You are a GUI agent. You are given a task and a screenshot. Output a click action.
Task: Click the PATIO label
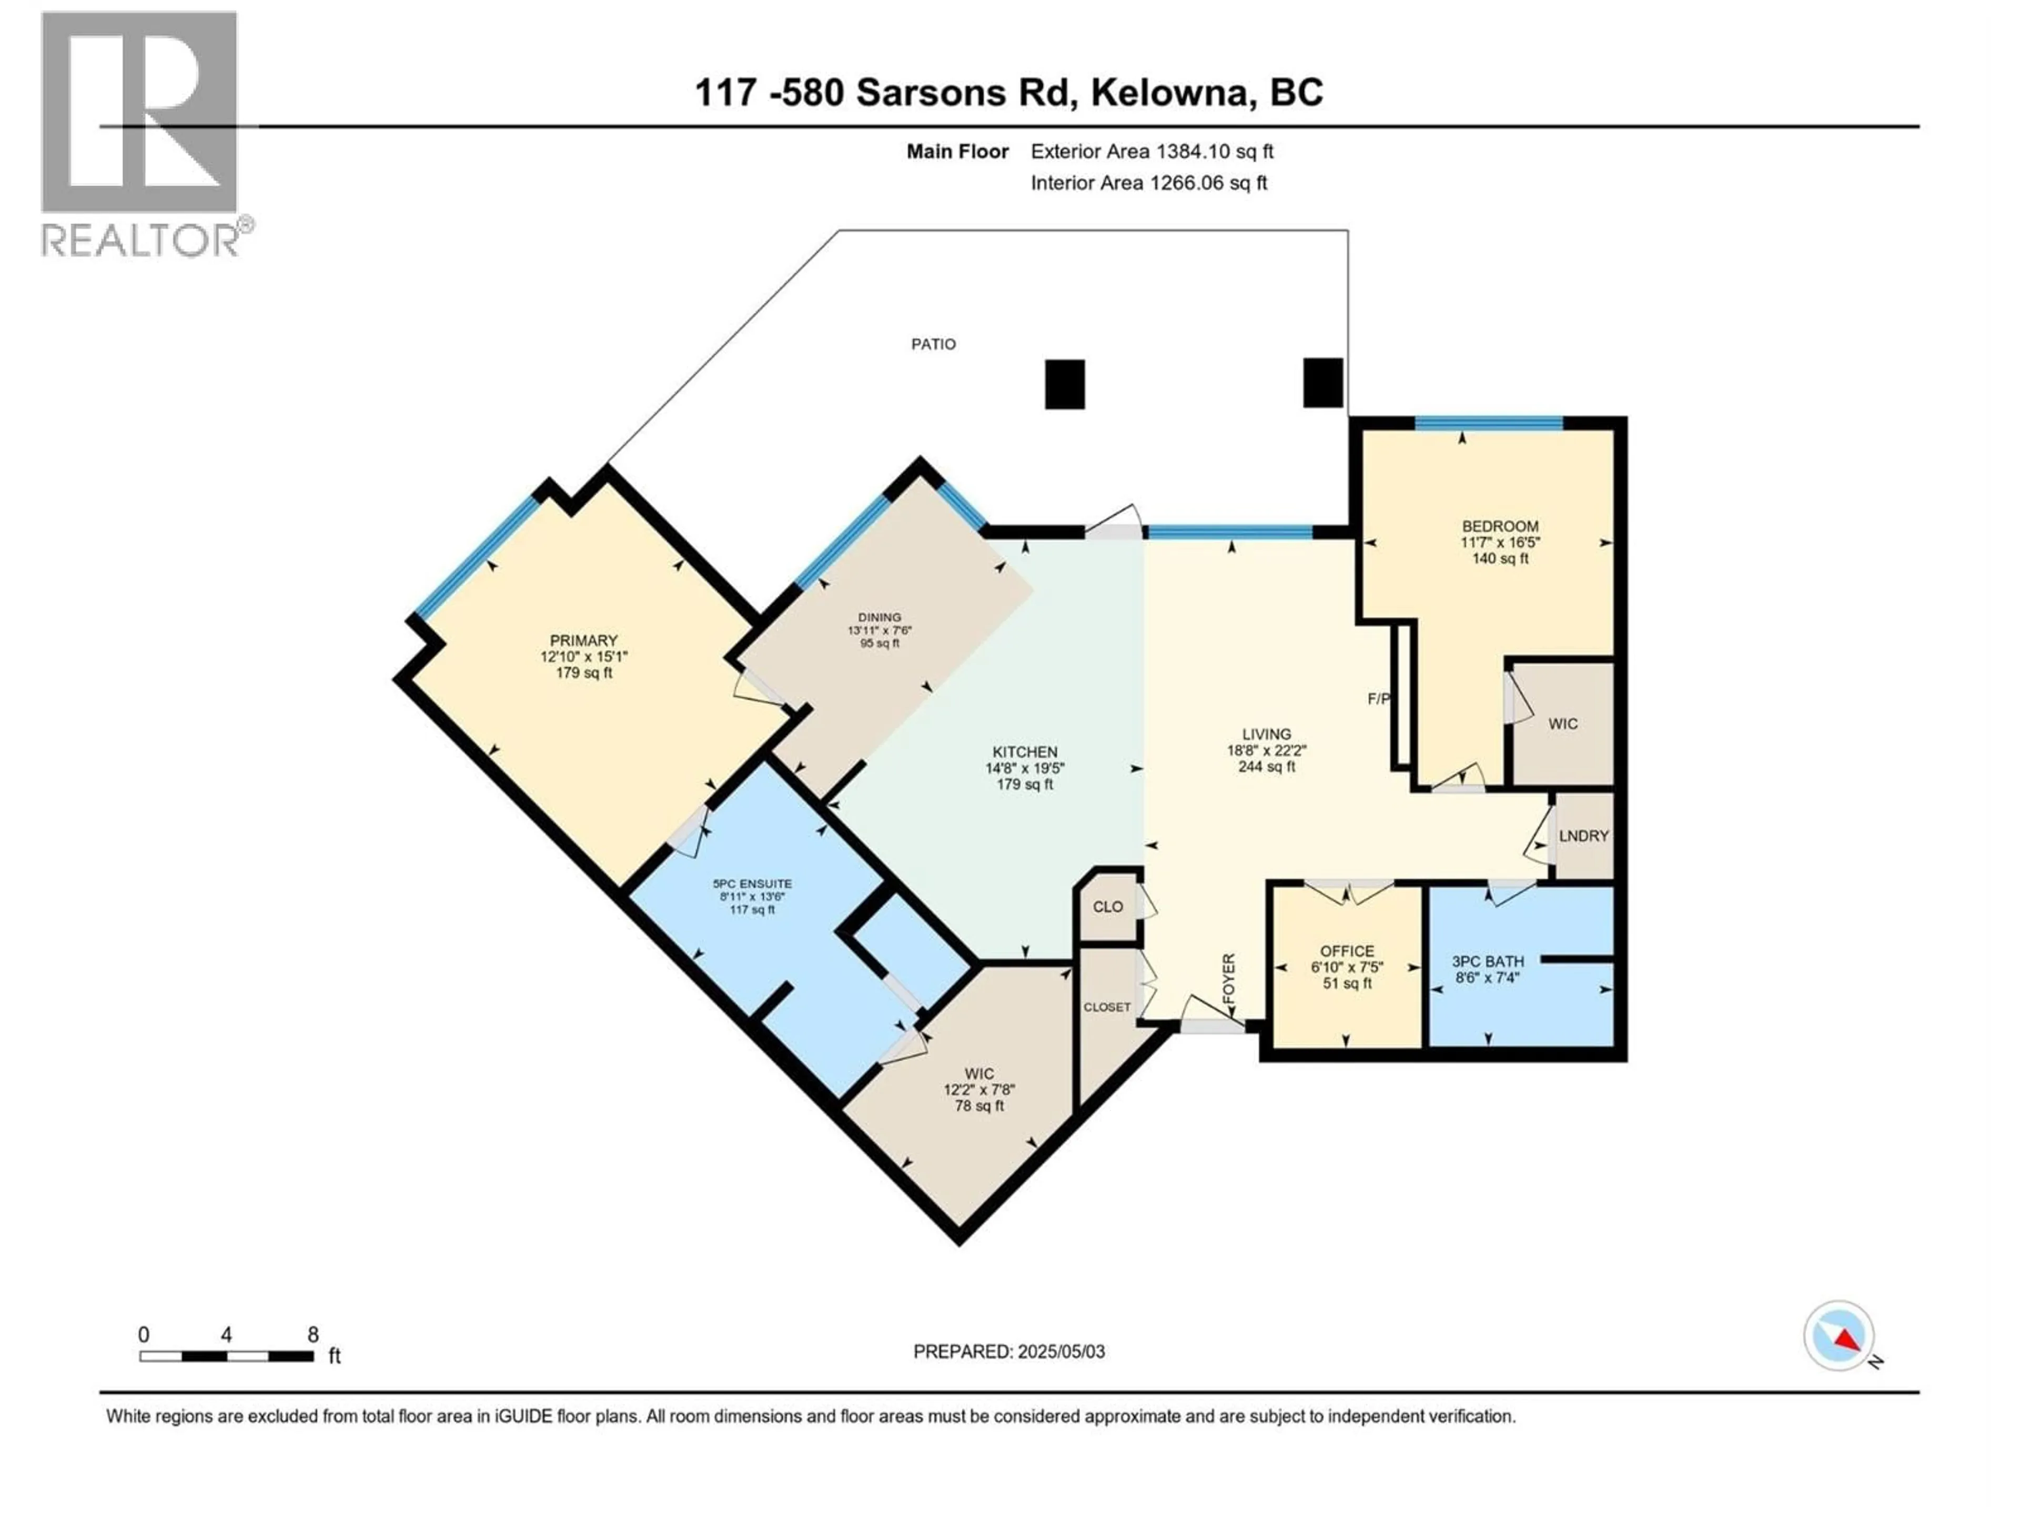coord(933,344)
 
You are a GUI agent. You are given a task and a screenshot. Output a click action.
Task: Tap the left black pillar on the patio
coord(1065,385)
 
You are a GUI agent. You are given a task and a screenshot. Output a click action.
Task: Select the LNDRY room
coord(1583,835)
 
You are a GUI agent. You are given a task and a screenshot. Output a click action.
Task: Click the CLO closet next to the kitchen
coord(1108,907)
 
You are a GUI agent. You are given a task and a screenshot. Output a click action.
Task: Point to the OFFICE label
coord(1347,951)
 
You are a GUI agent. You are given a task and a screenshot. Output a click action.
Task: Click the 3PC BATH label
coord(1488,962)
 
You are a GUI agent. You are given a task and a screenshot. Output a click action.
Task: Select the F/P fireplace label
coord(1378,700)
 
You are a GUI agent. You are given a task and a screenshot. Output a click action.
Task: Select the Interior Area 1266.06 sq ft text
coord(1149,183)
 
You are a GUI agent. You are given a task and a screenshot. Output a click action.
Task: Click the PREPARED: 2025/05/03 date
coord(1009,1351)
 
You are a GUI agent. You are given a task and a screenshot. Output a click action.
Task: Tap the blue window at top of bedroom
coord(1489,423)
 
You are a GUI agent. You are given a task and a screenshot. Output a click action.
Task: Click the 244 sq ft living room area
coord(1267,767)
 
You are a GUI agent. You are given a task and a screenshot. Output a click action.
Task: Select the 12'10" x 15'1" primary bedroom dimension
coord(583,656)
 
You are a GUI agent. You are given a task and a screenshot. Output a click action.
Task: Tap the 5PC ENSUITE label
coord(752,884)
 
